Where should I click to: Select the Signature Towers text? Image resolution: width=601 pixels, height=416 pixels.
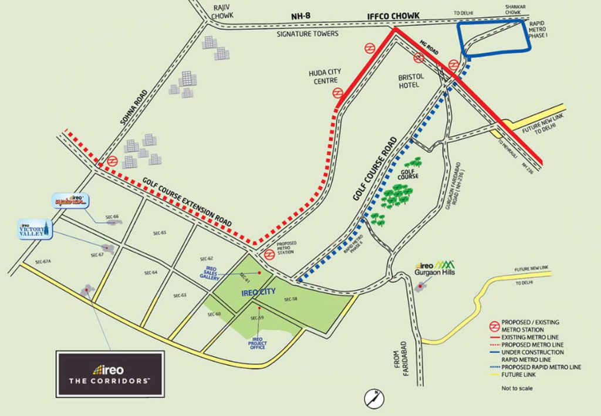tap(308, 34)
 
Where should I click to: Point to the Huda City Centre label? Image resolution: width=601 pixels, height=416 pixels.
tap(325, 76)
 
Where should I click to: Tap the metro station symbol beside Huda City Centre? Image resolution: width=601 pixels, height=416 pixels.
tap(337, 93)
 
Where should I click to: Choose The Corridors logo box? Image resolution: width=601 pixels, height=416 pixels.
tap(110, 374)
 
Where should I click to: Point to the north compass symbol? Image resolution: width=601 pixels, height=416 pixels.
tap(371, 397)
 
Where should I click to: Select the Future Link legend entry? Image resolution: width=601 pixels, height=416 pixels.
tap(516, 375)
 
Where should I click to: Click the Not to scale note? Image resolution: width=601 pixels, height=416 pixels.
tap(516, 388)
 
